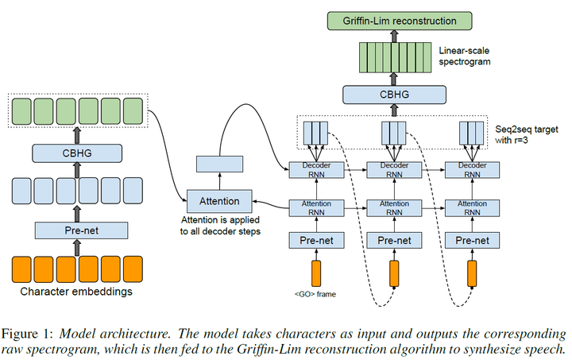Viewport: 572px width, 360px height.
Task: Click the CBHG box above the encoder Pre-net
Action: [77, 153]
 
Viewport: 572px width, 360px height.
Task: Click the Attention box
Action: [218, 199]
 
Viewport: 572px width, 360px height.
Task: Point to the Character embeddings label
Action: [76, 292]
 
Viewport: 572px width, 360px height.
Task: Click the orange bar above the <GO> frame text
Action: [315, 272]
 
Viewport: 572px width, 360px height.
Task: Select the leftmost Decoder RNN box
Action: [315, 169]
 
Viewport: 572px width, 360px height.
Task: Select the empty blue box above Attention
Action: [218, 163]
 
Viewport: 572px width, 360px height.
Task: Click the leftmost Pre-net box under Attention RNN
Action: [315, 240]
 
